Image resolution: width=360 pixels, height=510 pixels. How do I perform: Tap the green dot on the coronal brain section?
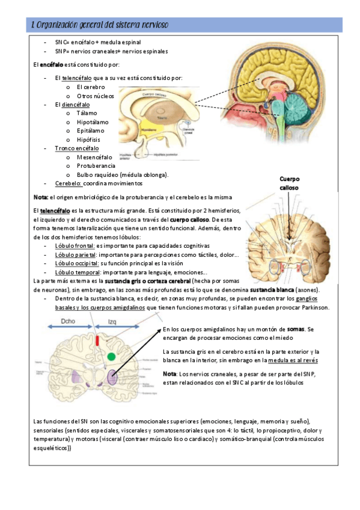click(x=111, y=357)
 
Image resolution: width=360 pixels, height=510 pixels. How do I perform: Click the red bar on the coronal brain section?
click(x=99, y=341)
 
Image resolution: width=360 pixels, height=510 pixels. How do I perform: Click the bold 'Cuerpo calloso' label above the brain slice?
click(x=290, y=183)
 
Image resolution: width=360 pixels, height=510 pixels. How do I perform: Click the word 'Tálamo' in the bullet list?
click(x=87, y=112)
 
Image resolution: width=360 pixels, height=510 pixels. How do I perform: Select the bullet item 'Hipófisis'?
click(x=88, y=140)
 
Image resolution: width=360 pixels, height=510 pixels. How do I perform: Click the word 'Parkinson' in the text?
click(x=313, y=307)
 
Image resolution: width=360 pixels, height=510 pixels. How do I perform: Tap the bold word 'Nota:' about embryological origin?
click(x=40, y=198)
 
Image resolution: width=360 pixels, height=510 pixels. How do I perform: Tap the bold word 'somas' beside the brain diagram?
click(x=296, y=329)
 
